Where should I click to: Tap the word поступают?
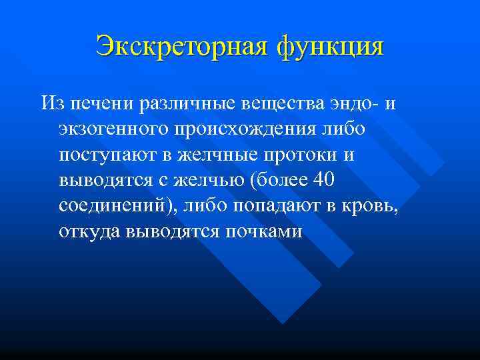pyautogui.click(x=106, y=155)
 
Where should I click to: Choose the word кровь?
pyautogui.click(x=371, y=206)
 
